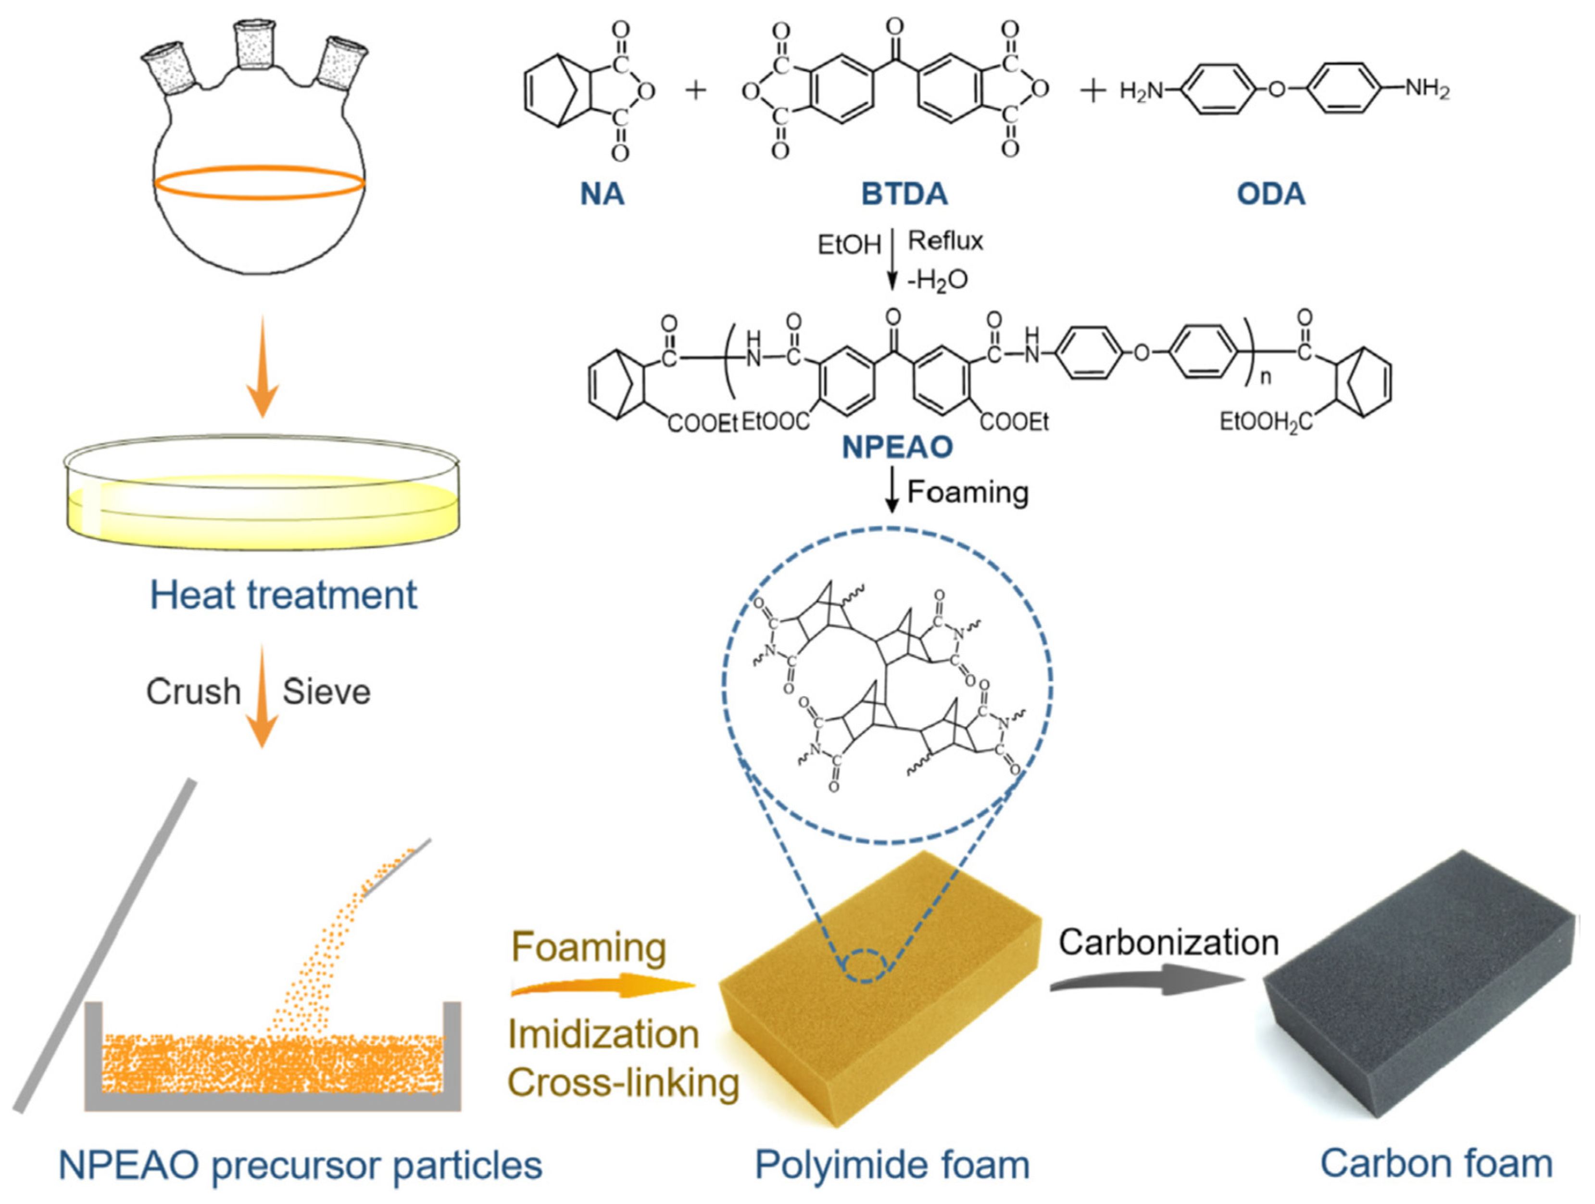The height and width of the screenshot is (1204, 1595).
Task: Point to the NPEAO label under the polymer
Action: (898, 447)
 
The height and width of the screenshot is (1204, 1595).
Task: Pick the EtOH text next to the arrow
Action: (849, 245)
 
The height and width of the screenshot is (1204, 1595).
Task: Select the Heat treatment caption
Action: (283, 596)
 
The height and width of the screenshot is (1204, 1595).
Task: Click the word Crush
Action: (193, 692)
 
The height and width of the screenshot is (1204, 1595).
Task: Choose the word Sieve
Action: (326, 692)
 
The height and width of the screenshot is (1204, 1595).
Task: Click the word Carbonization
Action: (1168, 942)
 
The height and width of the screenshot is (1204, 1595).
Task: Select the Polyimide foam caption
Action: (892, 1165)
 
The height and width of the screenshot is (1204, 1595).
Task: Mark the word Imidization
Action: (603, 1035)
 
